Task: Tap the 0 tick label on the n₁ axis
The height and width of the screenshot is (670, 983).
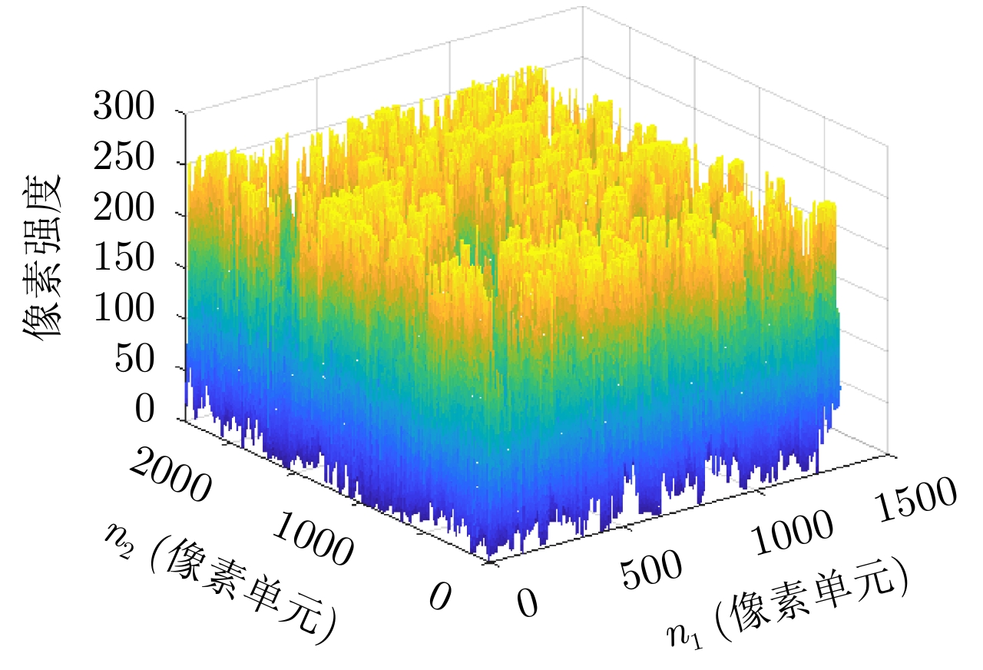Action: [x=527, y=603]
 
